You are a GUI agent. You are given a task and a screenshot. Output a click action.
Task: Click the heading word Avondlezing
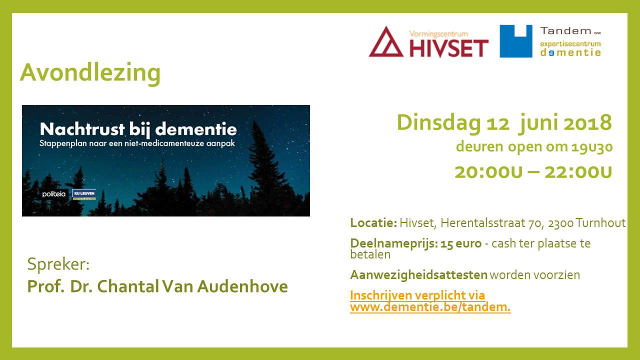[90, 73]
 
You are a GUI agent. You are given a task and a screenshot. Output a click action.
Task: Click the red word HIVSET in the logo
[449, 48]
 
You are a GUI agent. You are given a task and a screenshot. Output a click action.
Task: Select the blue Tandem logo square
[515, 41]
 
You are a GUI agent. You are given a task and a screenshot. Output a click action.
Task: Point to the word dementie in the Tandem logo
[570, 52]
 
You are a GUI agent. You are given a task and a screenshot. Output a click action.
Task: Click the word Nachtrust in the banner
[82, 129]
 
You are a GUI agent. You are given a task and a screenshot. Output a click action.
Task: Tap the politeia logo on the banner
[53, 194]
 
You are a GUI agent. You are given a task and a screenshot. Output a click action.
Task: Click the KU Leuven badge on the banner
[84, 194]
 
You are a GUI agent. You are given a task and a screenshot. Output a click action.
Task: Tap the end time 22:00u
[578, 172]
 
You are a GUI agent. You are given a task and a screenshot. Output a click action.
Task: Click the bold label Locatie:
[373, 223]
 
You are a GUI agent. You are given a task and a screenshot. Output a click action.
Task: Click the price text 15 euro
[461, 243]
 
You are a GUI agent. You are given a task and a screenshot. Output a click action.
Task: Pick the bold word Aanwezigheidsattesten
[419, 275]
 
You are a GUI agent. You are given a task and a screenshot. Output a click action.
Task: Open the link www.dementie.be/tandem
[430, 307]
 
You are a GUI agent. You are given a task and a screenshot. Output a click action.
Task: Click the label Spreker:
[58, 264]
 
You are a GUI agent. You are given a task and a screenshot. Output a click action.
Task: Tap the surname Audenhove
[242, 286]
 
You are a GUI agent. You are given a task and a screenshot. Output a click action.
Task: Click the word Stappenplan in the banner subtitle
[63, 143]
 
